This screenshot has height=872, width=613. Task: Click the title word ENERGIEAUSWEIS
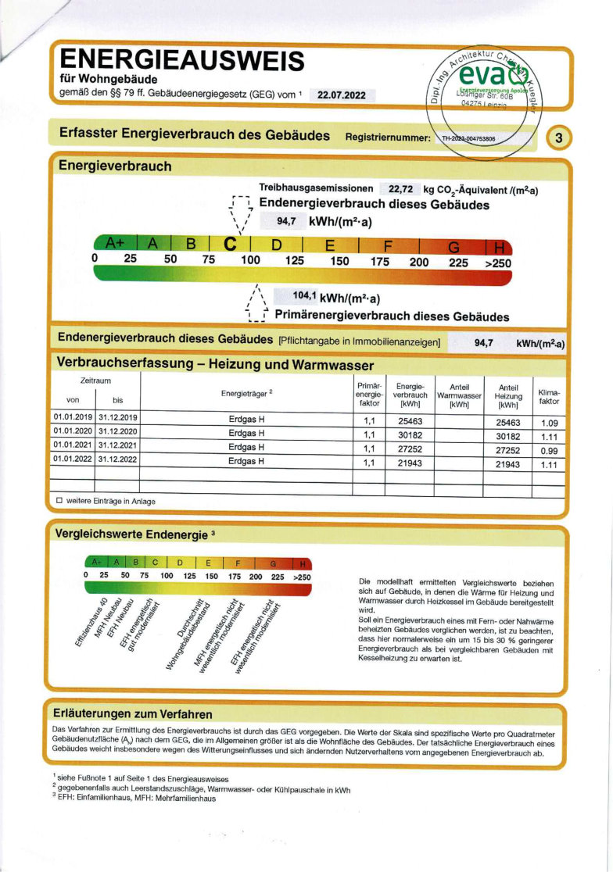coord(181,59)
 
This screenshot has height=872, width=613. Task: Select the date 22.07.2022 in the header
coord(342,95)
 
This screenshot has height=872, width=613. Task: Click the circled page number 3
coord(558,138)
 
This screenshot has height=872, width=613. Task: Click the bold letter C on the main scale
coord(231,244)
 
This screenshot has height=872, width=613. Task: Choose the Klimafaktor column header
coord(549,397)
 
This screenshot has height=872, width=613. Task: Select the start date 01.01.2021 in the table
coord(73,448)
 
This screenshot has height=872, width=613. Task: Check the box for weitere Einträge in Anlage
coord(59,501)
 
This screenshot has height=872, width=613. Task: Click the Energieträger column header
coord(246,392)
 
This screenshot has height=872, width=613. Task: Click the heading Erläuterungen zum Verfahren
coord(132,714)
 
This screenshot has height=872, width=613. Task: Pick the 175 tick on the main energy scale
coord(380,262)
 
